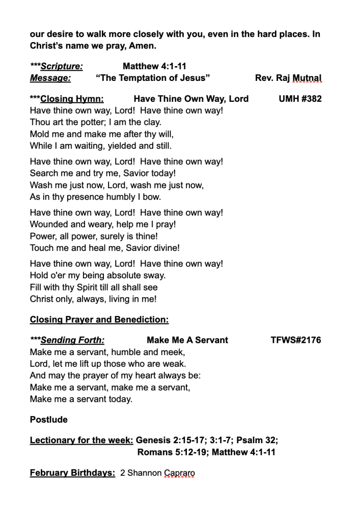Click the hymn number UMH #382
pos(300,99)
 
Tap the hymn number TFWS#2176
pos(296,340)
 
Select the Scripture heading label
pos(62,66)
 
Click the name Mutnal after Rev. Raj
pos(307,78)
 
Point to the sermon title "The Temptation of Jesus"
pos(153,78)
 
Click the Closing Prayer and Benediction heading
pos(99,320)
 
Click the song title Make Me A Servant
pos(187,340)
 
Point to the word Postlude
pos(49,420)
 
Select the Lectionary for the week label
pos(81,440)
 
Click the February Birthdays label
pos(72,473)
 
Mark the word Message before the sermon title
pos(50,78)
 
